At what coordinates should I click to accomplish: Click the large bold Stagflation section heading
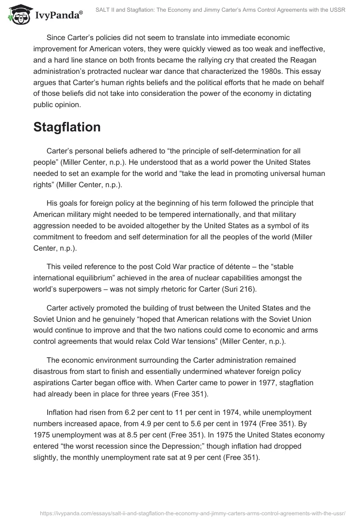[x=67, y=127]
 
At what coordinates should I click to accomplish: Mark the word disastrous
[x=52, y=372]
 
